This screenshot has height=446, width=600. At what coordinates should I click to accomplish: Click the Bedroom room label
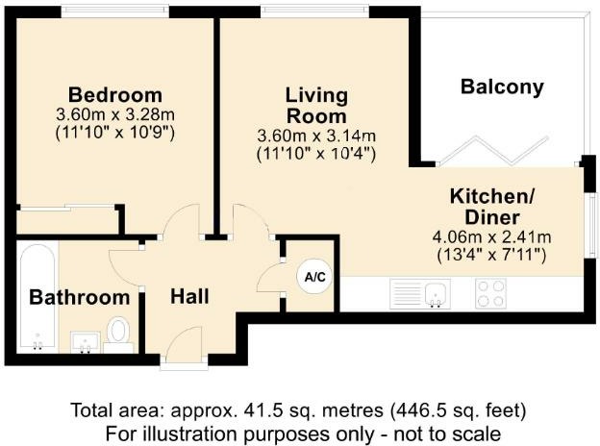115,95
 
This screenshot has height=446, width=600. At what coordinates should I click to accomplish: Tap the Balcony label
502,87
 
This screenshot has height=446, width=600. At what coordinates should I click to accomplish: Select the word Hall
189,296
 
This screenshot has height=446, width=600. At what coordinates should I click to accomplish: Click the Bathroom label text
79,297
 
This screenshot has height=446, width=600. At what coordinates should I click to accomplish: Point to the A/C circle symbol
314,277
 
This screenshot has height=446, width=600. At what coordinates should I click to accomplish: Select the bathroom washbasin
85,342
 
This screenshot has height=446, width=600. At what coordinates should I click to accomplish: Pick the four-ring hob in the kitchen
491,293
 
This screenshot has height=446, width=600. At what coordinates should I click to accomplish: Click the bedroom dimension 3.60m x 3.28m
115,114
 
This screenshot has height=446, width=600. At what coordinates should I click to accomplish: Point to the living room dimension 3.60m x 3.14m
316,136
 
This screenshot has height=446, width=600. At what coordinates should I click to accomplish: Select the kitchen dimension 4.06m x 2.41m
491,237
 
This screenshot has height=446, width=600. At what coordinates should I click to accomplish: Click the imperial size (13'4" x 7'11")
491,255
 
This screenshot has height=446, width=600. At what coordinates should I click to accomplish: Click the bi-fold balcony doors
493,151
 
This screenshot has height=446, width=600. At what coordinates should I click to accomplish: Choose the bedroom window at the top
115,11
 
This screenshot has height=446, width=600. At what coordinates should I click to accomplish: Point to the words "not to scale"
447,434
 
